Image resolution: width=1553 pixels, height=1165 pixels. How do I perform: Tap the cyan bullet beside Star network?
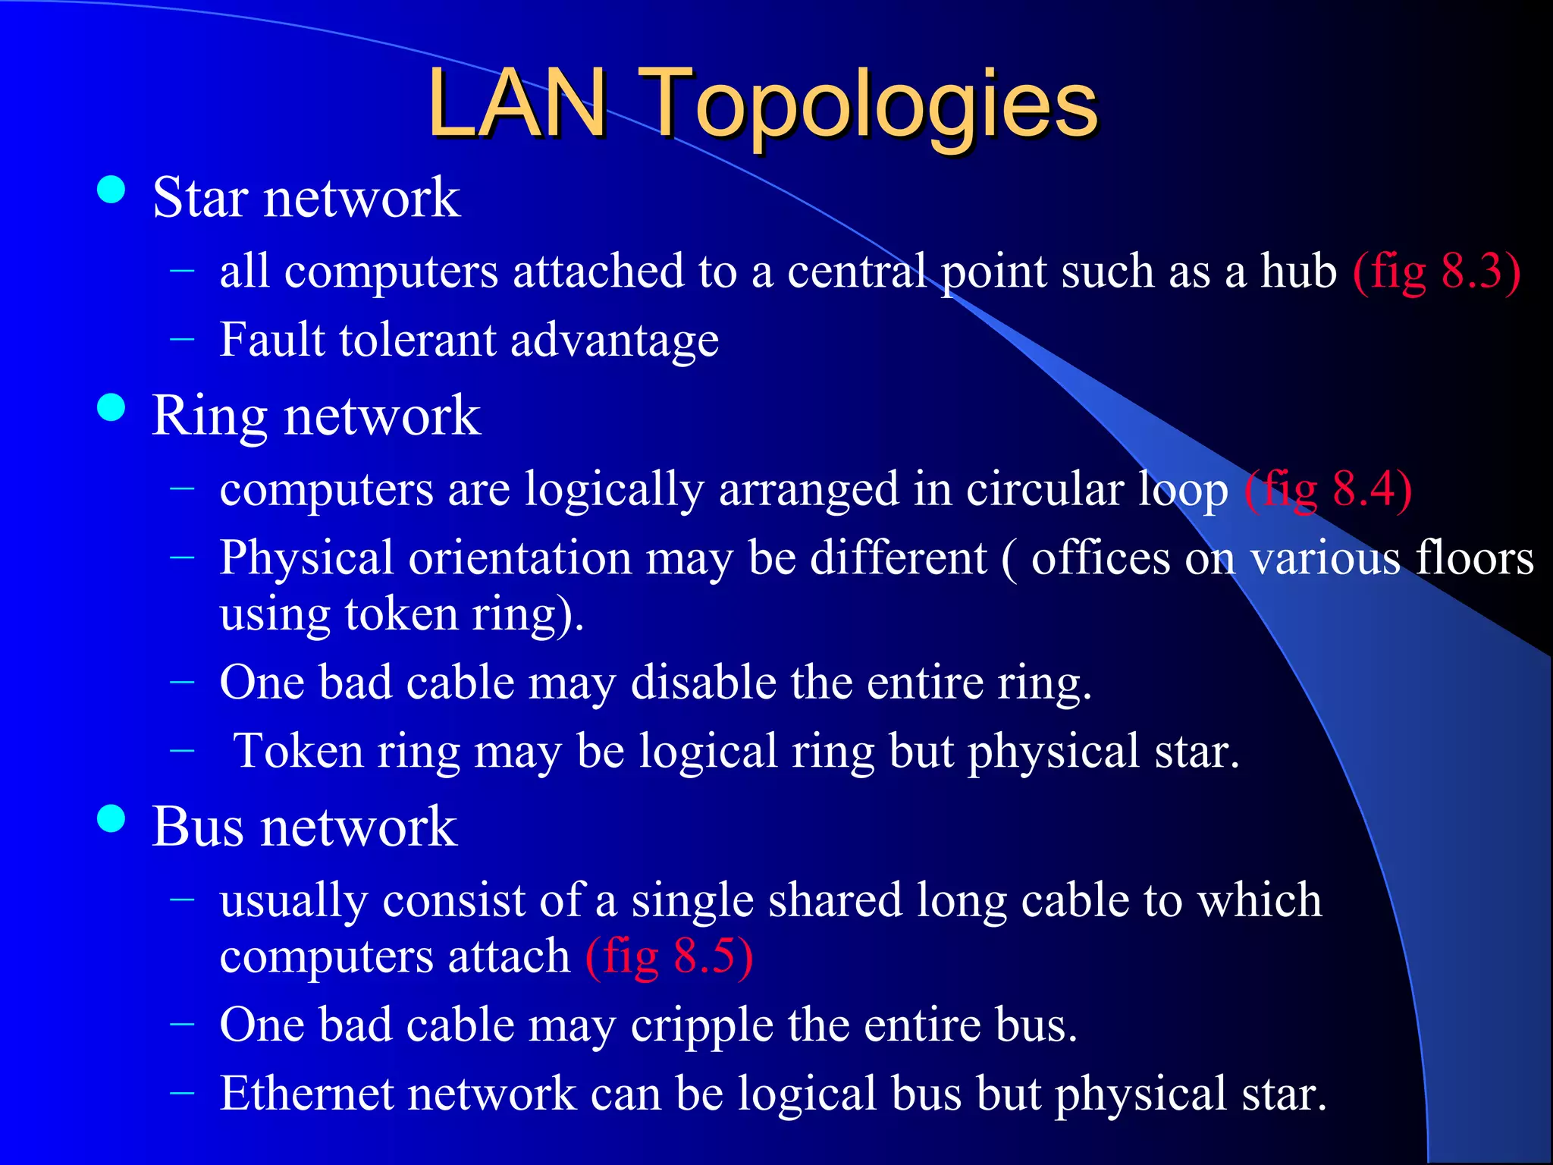tap(111, 190)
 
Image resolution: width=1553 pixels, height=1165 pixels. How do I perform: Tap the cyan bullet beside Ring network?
tap(111, 407)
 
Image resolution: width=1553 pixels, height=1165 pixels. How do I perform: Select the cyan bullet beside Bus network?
tap(111, 818)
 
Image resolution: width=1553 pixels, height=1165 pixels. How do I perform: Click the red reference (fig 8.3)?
tap(1436, 271)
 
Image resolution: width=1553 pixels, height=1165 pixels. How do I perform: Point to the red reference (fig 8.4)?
tap(1328, 489)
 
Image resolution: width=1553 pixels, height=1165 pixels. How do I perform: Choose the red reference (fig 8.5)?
tap(669, 956)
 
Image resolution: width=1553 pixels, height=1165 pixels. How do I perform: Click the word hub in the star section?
tap(1298, 271)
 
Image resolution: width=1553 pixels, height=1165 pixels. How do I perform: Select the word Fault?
tap(272, 339)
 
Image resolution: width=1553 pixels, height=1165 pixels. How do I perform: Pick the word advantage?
tap(614, 341)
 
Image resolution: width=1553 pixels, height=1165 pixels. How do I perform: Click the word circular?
tap(1045, 489)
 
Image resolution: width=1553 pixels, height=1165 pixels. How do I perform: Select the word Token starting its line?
tap(298, 751)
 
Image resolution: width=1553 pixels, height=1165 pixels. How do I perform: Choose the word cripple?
tap(701, 1025)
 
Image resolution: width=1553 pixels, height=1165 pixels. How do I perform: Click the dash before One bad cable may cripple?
tap(182, 1025)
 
